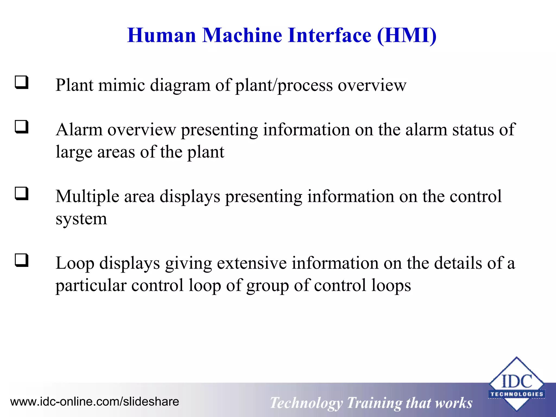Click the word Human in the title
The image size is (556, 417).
point(162,36)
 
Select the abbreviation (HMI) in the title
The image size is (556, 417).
point(407,36)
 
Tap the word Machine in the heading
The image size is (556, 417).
point(242,36)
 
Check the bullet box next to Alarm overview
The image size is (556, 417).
point(22,127)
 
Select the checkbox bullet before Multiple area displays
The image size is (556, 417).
point(22,194)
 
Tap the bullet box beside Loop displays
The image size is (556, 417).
point(22,260)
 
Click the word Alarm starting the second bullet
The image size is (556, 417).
point(79,130)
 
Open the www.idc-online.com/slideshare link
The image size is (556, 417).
point(95,402)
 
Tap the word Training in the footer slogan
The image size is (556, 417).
point(374,403)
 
